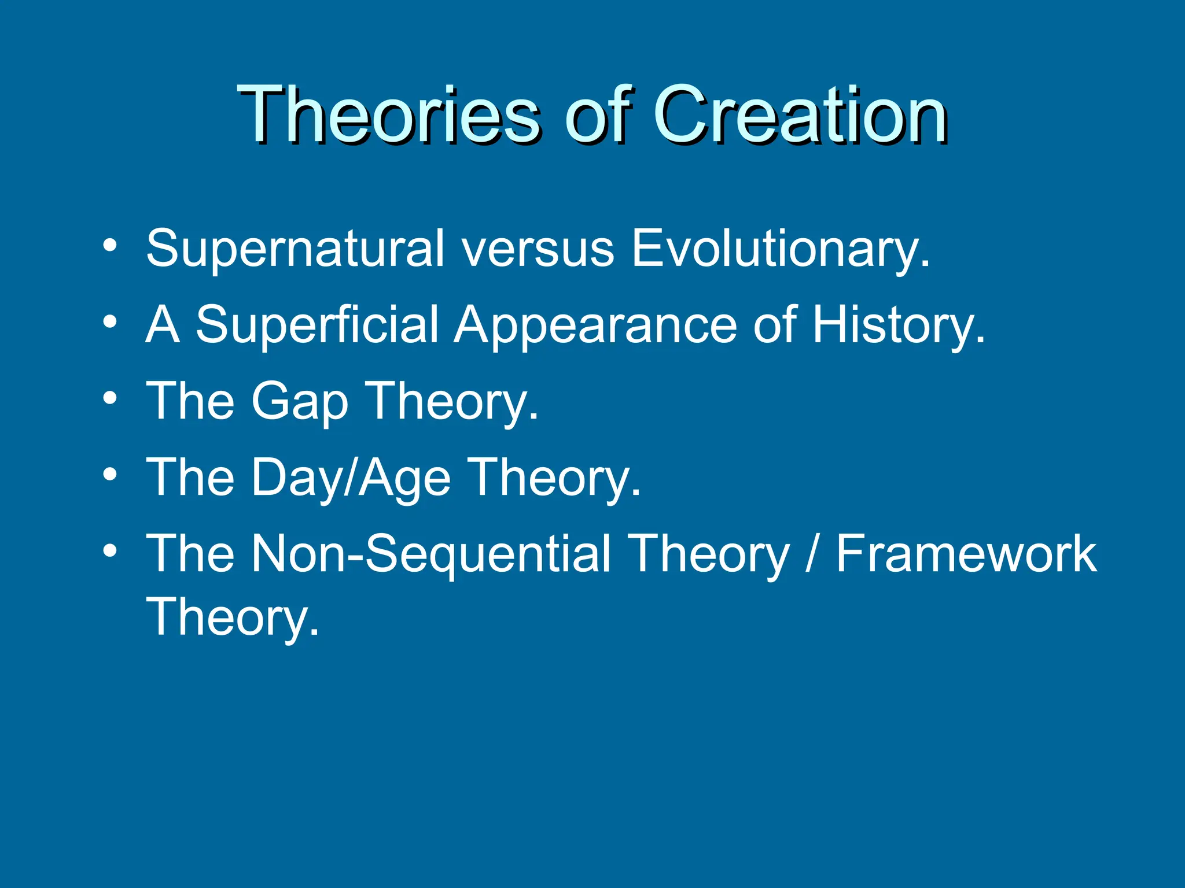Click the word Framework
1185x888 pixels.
[x=966, y=554]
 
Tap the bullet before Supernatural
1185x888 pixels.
[x=110, y=246]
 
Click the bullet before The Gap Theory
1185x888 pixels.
[x=110, y=398]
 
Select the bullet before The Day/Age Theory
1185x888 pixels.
[x=110, y=475]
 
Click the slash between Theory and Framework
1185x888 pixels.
[x=812, y=554]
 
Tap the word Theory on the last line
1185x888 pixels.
[x=232, y=617]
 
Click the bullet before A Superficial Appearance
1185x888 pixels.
[x=110, y=321]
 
